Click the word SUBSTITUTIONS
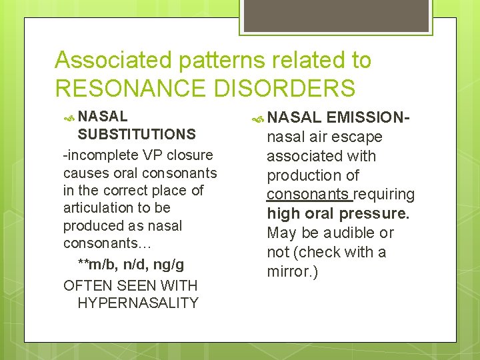pos(137,134)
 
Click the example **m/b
pos(100,265)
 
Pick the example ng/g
pos(169,265)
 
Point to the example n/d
pos(136,265)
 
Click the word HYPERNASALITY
pos(138,303)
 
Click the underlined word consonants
pos(307,195)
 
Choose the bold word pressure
pos(375,214)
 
